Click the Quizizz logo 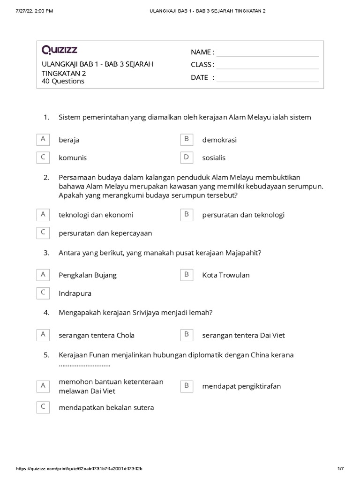[60, 49]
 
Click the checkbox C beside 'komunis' [43, 157]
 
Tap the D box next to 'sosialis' [186, 157]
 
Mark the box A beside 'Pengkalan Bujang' [43, 275]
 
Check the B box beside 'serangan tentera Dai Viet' [186, 335]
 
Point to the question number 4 [46, 313]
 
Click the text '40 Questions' [63, 82]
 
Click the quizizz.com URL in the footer [80, 469]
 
